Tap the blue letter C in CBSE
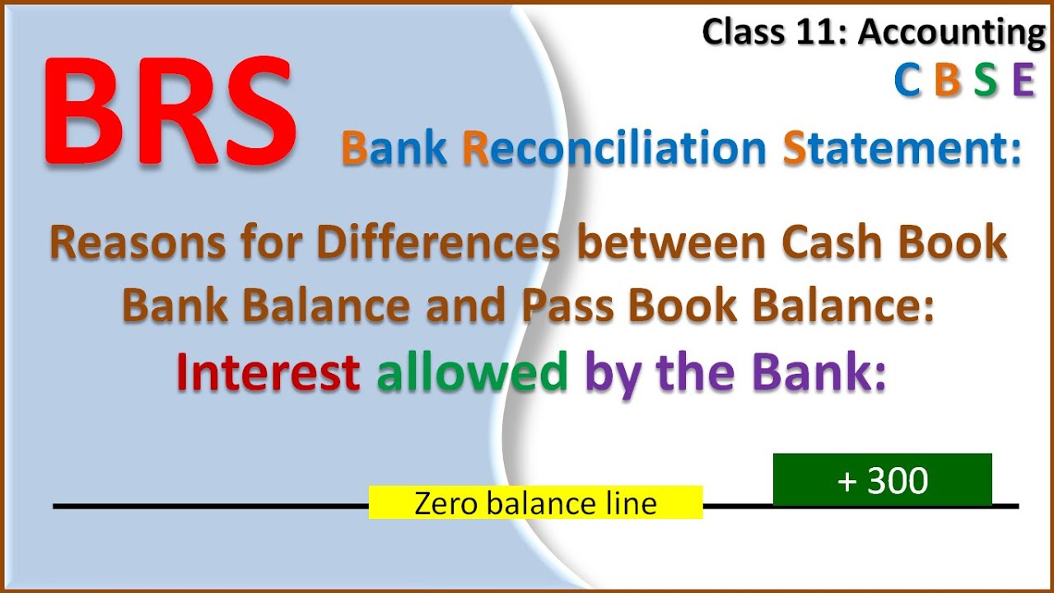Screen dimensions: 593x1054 (907, 81)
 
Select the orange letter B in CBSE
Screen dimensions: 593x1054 (948, 81)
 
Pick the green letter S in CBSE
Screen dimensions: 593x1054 (986, 81)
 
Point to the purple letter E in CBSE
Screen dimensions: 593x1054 (1023, 81)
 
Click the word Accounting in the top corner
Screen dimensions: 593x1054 (952, 33)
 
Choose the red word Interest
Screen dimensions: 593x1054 (268, 372)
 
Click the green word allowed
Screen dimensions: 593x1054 (472, 372)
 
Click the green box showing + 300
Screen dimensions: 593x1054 (882, 479)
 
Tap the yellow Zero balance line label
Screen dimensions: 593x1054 (535, 502)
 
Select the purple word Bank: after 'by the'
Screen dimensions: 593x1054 (816, 372)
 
